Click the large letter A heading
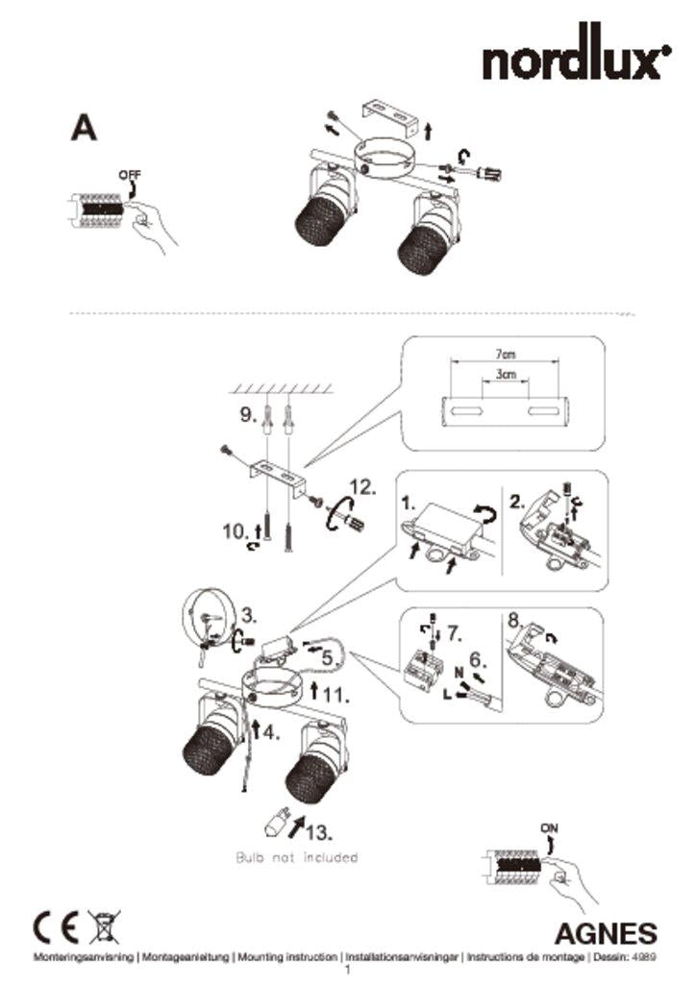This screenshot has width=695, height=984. coord(84,128)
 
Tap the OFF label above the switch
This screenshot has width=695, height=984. coord(130,175)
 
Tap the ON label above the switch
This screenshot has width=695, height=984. coord(549,828)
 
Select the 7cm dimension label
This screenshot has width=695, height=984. coord(505,355)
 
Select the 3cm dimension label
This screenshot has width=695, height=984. coord(506,375)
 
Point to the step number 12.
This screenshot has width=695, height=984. coord(362,487)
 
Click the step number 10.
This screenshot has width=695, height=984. coord(236,531)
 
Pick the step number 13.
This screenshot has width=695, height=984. coord(319,833)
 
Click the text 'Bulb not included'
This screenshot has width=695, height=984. coord(297,857)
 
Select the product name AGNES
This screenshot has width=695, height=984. coord(606,934)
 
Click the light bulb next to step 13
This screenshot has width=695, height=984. coord(277,821)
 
